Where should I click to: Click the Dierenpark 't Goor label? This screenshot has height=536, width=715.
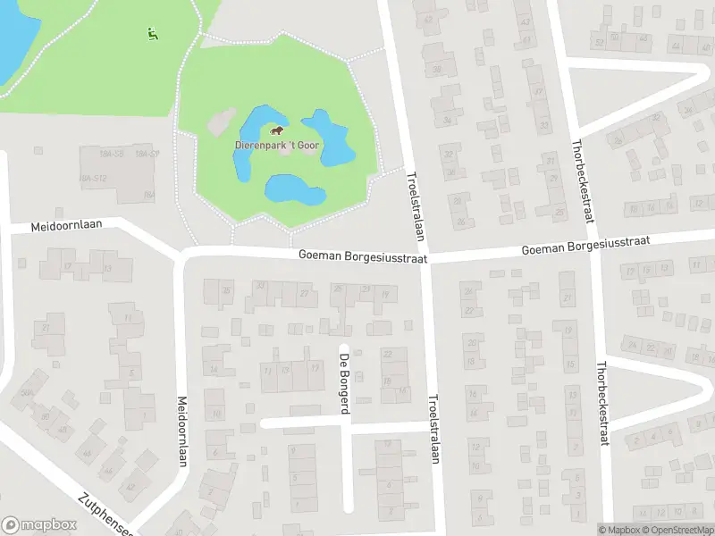pos(278,145)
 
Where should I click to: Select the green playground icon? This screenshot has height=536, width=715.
pos(152,34)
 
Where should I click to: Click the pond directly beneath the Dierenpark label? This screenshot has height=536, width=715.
pos(293,189)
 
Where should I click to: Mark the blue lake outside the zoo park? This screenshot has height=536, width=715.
pos(13,36)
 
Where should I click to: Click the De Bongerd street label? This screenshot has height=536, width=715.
pos(343,383)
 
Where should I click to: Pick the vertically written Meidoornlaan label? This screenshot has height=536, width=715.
pos(182,428)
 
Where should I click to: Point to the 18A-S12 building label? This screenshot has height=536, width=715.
pos(93,179)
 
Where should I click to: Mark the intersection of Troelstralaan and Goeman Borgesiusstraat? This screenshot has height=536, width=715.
pos(423,257)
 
